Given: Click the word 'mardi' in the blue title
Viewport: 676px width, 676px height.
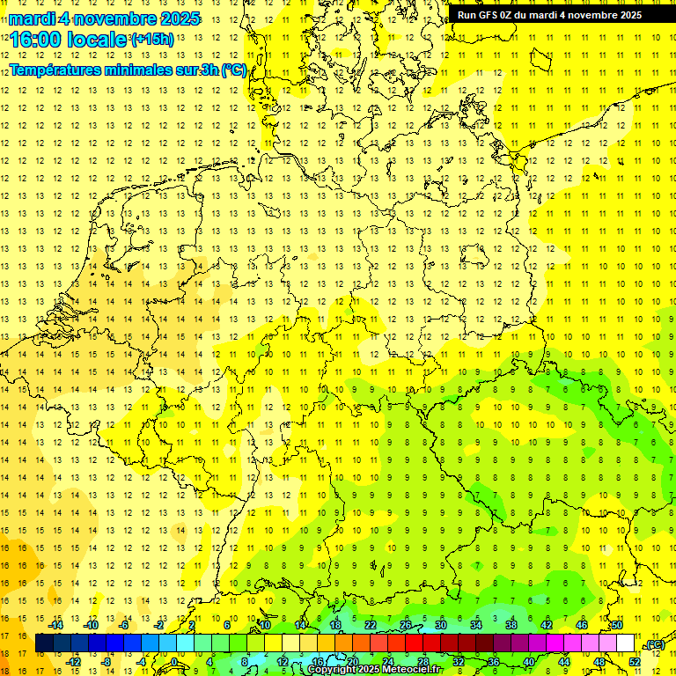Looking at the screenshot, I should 33,18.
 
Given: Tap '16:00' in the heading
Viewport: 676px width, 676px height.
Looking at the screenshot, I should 36,40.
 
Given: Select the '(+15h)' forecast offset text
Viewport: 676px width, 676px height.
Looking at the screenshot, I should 152,40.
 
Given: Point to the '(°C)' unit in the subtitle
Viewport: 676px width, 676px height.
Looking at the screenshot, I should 234,70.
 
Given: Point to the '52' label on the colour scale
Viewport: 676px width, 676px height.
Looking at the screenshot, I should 635,662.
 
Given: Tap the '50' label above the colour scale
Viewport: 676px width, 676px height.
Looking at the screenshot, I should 617,625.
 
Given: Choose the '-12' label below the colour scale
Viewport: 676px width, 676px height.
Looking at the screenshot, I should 74,662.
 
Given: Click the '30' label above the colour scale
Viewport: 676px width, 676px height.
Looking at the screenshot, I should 441,625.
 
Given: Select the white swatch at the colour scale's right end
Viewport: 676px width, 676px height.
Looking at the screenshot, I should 626,643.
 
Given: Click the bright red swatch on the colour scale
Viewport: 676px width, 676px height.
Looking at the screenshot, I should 414,643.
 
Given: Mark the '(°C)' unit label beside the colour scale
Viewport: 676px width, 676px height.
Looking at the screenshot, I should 654,644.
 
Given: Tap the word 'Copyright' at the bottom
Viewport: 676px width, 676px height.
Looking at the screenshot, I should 332,670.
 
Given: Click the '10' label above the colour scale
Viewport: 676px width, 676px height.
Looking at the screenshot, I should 264,625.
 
